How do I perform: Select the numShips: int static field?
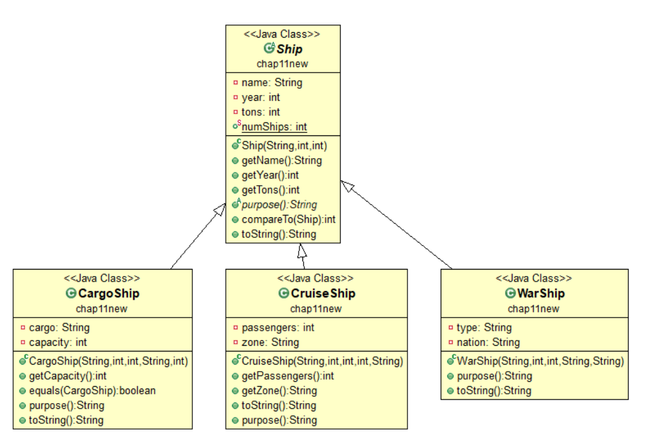point(274,127)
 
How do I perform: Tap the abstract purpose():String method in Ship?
point(279,205)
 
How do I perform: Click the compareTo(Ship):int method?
point(289,219)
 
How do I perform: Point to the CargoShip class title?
point(110,294)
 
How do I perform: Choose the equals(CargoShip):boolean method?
point(92,391)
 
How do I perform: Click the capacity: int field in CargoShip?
point(58,343)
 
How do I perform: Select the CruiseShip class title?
point(324,294)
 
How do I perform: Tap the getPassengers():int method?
point(287,376)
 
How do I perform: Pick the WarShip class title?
point(540,294)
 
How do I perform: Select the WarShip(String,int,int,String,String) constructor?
point(539,362)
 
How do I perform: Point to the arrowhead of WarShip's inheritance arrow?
point(347,186)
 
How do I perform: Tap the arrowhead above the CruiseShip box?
point(302,251)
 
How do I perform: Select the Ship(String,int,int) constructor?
point(284,145)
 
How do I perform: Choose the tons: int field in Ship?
point(260,112)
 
